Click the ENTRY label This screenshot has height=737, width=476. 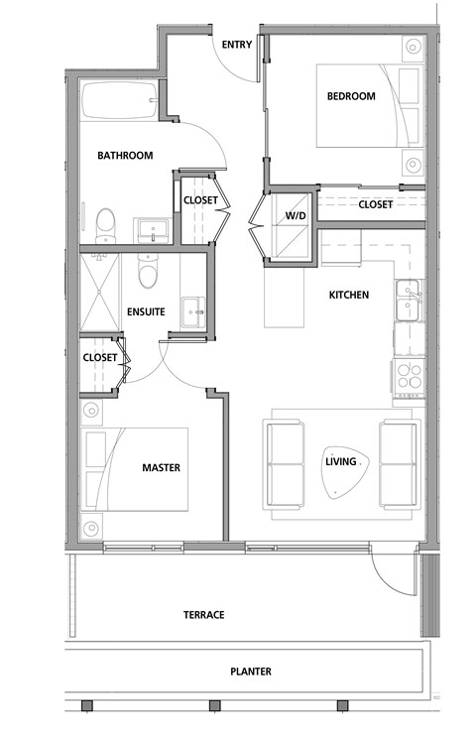236,44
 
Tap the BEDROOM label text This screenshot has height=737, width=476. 351,96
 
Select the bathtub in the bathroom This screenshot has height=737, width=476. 117,101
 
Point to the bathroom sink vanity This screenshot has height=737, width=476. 153,230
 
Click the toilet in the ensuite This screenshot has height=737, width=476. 148,268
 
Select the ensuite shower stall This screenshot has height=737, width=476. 99,291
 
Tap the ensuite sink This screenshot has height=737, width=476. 191,309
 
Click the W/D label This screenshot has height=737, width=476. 295,215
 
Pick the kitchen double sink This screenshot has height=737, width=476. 409,302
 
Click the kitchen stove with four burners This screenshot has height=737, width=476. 409,377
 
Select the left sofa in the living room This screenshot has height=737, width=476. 285,462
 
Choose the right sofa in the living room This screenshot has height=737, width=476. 400,462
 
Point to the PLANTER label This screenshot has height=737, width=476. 250,672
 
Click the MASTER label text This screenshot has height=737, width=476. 161,468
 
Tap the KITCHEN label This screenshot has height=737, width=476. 349,296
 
